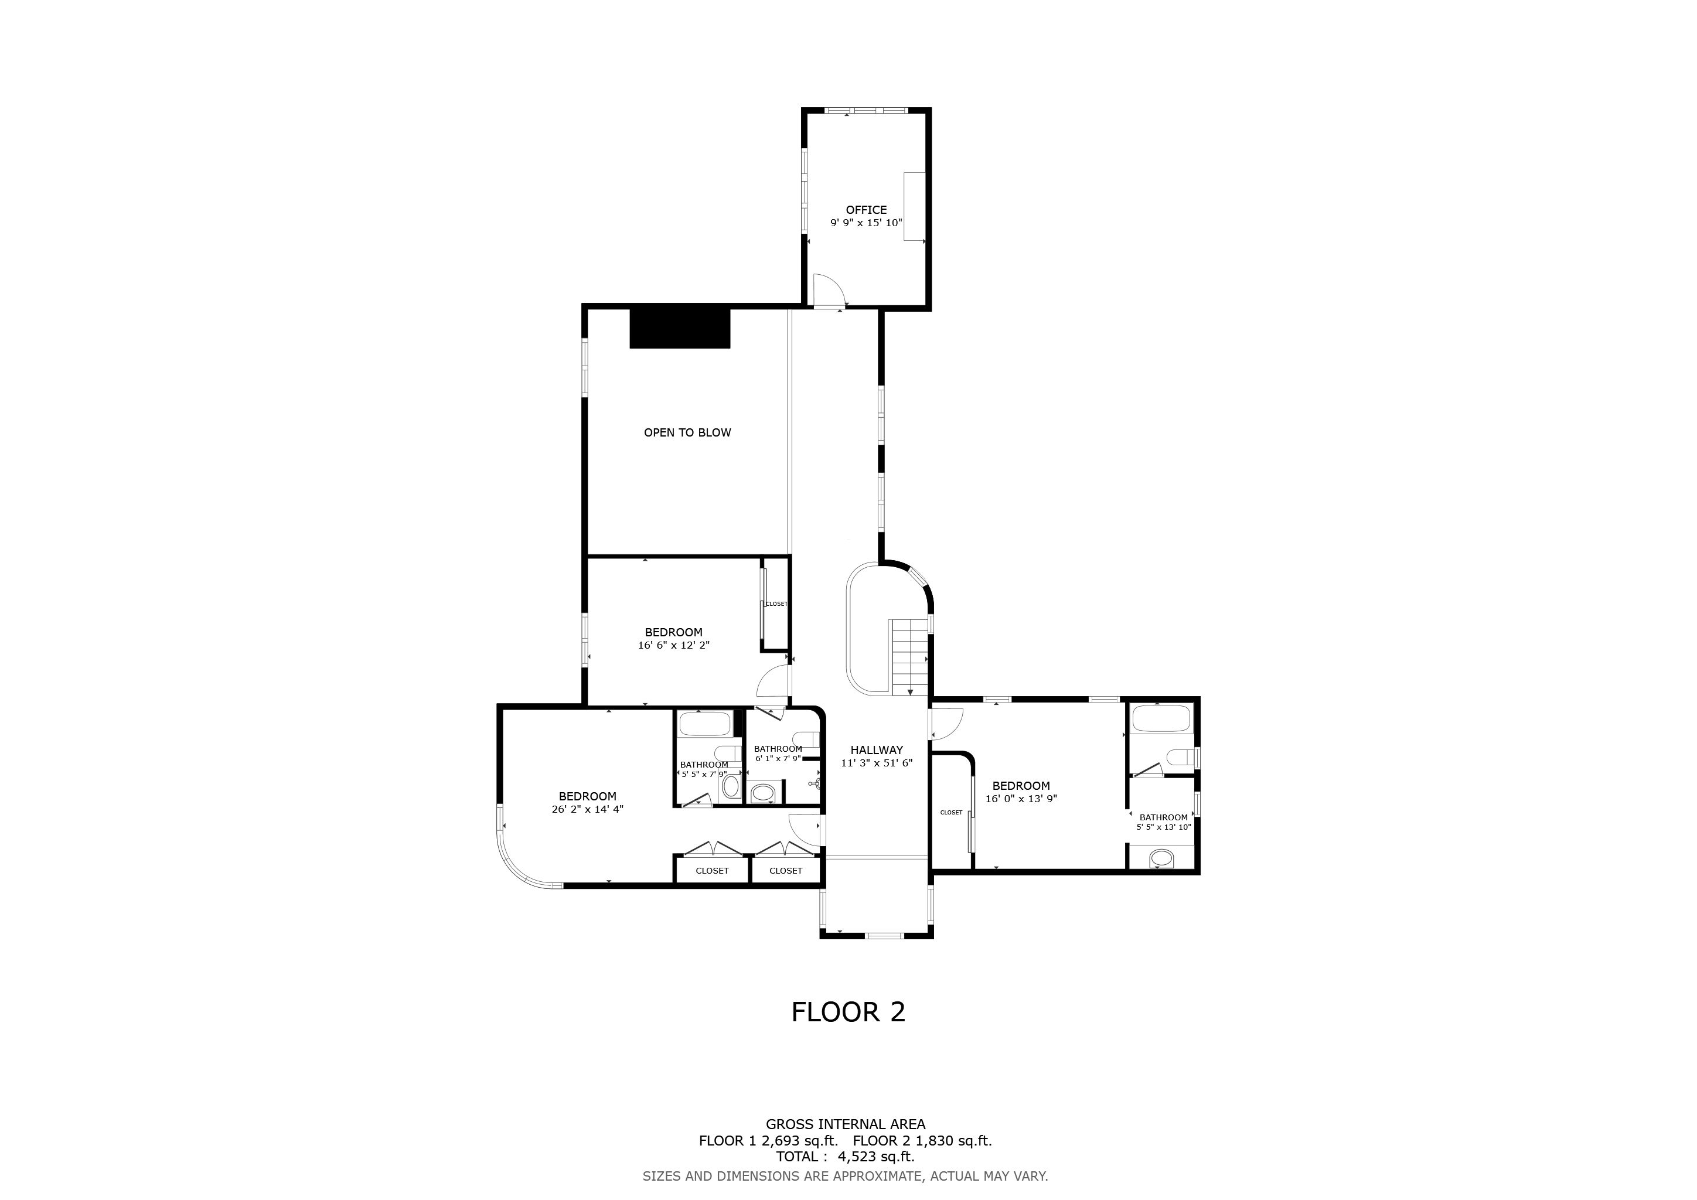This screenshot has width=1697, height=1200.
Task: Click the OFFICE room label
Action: [866, 210]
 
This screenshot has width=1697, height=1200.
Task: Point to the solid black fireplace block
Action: [680, 329]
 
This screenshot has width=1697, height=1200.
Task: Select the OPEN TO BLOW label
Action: [687, 432]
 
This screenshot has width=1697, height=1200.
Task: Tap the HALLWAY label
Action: [877, 750]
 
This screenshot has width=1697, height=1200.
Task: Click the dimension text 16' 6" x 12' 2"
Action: [673, 645]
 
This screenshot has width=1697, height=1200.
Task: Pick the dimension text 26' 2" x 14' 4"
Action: [588, 809]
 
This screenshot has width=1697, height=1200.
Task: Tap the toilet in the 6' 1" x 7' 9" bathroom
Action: [803, 739]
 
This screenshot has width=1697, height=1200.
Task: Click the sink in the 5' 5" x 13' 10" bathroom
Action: [1162, 858]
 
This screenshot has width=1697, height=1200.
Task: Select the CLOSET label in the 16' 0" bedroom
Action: [951, 812]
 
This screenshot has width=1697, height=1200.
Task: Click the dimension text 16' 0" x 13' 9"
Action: [1021, 799]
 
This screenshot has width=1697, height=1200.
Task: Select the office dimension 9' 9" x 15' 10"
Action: [866, 223]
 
